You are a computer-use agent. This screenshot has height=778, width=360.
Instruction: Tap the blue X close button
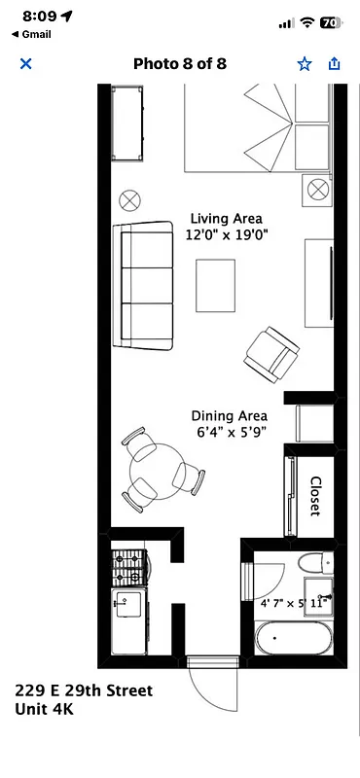[x=26, y=64]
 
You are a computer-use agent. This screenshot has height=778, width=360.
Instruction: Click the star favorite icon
[x=304, y=64]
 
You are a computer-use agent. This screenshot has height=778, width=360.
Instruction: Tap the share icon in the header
[x=335, y=64]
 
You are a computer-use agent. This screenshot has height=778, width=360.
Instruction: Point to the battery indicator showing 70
[x=330, y=21]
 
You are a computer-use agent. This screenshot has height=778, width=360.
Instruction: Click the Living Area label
[x=227, y=218]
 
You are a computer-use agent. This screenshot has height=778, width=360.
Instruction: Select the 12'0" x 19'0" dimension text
[x=227, y=235]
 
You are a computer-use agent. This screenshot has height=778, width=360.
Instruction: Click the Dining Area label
[x=229, y=415]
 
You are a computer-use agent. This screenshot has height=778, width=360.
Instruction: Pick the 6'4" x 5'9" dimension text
[x=229, y=433]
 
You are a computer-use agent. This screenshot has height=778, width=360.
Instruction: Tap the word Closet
[x=315, y=496]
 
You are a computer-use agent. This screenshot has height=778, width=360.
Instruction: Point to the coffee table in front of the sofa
[x=215, y=287]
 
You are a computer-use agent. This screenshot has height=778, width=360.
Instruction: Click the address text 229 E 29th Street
[x=83, y=690]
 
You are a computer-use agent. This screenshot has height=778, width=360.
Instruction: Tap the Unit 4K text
[x=44, y=710]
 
